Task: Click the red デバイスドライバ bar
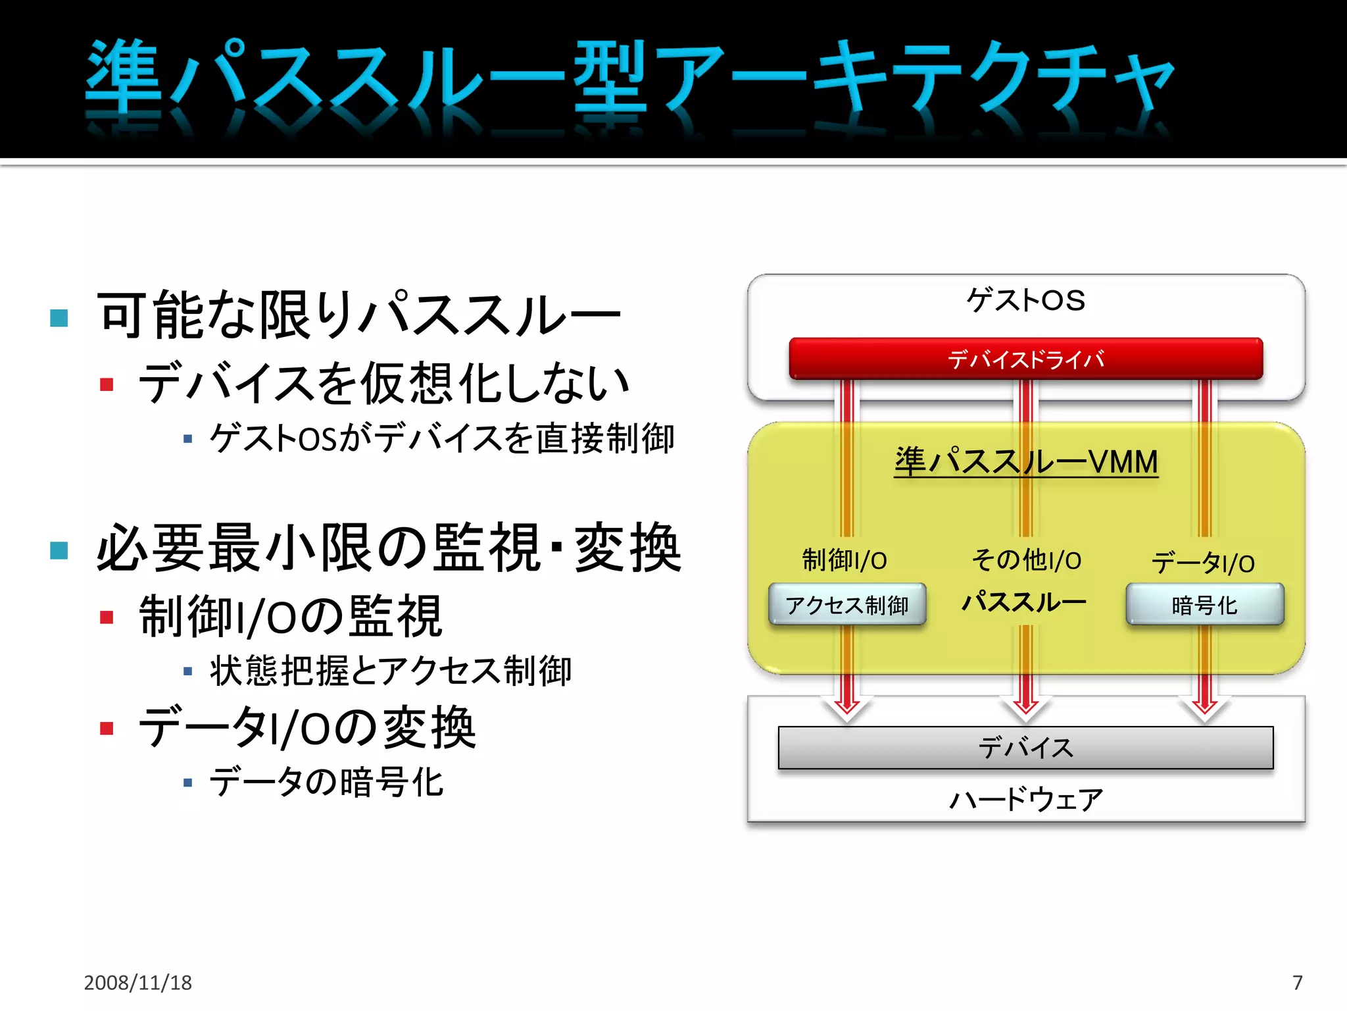tap(1025, 359)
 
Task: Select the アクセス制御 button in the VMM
tap(847, 604)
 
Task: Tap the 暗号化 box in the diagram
tap(1204, 604)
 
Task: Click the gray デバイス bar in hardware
tap(1025, 748)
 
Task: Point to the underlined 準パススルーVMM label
tap(1025, 461)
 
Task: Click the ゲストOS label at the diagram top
tap(1025, 300)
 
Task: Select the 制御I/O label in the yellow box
tap(845, 560)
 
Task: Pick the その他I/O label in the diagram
tap(1026, 560)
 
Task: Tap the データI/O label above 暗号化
tap(1203, 563)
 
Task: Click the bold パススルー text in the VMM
tap(1023, 602)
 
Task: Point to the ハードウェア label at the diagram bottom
tap(1025, 800)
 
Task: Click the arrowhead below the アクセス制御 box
tap(847, 708)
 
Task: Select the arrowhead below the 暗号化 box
tap(1204, 708)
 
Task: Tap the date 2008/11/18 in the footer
tap(137, 983)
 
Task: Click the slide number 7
tap(1297, 983)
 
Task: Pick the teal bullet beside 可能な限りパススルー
tap(59, 318)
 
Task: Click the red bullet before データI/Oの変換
tap(107, 728)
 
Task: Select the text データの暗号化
tap(327, 782)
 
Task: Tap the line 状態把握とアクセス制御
tap(391, 671)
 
